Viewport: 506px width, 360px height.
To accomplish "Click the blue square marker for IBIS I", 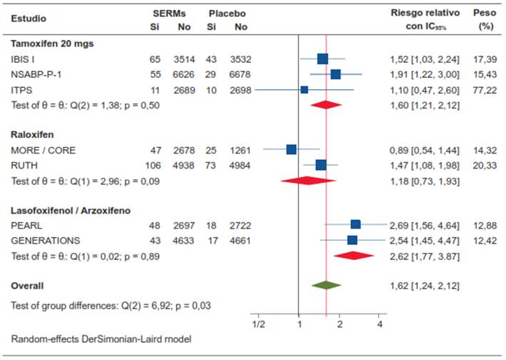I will point(322,59).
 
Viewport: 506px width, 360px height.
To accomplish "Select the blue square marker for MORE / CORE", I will point(291,149).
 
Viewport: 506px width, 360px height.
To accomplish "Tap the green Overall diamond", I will point(326,285).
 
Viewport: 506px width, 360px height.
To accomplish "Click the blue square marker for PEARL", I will point(355,224).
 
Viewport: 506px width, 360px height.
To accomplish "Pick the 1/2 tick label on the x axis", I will point(259,324).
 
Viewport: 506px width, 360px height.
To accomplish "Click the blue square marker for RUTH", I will point(321,165).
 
